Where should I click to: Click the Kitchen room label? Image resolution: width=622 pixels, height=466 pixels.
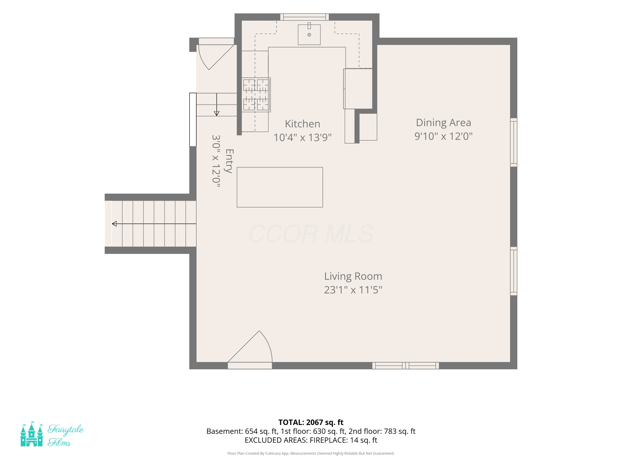[x=302, y=124]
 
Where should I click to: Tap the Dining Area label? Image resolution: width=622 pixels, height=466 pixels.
[x=443, y=123]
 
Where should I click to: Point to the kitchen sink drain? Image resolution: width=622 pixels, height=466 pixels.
[x=309, y=35]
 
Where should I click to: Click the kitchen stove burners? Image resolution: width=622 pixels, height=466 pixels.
[x=256, y=95]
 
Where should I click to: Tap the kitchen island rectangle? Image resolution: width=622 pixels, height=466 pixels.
[x=280, y=187]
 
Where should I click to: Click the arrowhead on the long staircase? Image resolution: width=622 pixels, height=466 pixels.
[x=114, y=224]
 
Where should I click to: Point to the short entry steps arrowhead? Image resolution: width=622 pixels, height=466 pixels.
[x=216, y=113]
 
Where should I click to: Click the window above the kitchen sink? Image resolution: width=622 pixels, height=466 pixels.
[x=305, y=17]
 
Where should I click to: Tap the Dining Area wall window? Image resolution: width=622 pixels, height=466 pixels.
[x=514, y=142]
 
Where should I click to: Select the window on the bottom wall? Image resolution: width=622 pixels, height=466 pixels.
[x=406, y=365]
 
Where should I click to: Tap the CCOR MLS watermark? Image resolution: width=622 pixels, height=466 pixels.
[x=311, y=234]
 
